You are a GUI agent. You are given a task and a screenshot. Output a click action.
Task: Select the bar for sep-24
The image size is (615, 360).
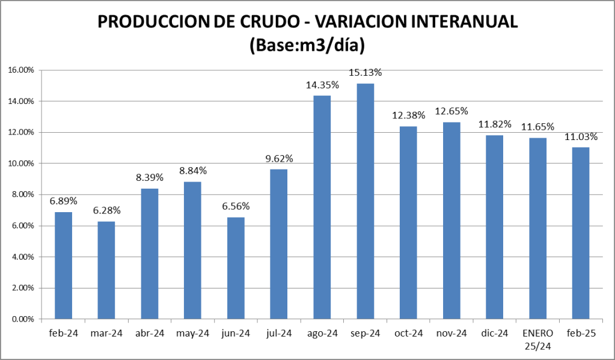pos(365,201)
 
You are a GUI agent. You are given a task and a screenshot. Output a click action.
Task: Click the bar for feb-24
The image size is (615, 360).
pos(63,265)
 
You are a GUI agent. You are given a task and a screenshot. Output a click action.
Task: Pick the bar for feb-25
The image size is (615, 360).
pos(581,233)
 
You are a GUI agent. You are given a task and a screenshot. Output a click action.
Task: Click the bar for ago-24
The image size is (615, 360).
pos(322,207)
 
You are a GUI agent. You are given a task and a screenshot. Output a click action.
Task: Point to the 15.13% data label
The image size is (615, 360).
pos(366,73)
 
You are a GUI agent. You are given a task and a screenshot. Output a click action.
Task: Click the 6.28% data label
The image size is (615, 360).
pos(106,210)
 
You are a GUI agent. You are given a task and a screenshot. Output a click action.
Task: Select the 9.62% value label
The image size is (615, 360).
pos(279,159)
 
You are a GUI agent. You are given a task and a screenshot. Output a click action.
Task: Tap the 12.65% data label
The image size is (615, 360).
pos(451,111)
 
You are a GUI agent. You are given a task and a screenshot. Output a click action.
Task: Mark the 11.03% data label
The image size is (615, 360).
pos(581,137)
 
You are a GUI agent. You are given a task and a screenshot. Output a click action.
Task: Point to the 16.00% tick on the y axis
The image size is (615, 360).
pos(22,70)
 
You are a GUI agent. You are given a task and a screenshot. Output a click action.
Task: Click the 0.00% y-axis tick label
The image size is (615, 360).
pos(23,319)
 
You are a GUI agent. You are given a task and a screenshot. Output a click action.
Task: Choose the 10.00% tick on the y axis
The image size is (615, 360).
pos(22,163)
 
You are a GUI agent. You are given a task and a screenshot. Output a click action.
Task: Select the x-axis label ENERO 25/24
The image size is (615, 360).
pos(537,339)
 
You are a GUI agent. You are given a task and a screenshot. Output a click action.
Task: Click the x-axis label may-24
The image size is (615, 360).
pos(192,333)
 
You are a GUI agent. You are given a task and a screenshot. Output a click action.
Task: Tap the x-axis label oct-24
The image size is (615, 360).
pos(408,333)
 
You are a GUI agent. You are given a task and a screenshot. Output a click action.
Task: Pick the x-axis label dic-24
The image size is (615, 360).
pos(494,333)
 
